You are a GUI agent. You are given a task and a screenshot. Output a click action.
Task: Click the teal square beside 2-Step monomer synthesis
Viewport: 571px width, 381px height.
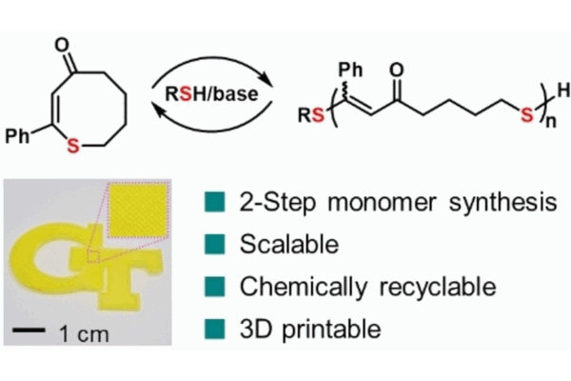(x=212, y=202)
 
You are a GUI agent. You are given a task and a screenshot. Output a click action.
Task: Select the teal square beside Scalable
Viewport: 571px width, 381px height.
(x=212, y=245)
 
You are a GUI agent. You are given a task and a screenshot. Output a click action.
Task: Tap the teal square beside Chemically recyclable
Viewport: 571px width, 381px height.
(x=212, y=287)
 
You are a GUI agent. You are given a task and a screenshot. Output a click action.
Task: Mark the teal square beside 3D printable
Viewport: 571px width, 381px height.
(x=212, y=330)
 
